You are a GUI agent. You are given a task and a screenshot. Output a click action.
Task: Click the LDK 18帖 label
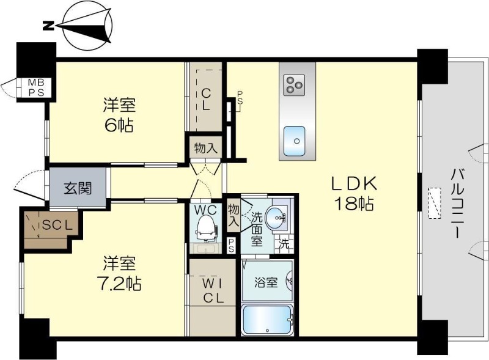click(353, 194)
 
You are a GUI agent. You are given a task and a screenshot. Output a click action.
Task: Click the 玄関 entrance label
click(78, 187)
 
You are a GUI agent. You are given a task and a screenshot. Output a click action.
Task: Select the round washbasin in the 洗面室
click(276, 215)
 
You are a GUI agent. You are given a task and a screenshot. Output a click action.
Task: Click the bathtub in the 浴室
click(267, 319)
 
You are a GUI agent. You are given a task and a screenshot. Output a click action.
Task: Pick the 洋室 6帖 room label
click(119, 115)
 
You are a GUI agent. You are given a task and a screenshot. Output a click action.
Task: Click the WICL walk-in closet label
click(211, 290)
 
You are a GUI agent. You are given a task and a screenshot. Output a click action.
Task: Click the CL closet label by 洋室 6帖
click(206, 98)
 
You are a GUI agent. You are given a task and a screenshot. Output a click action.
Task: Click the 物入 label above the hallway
click(205, 148)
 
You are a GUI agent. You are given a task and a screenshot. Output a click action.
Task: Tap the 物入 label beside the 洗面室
click(233, 215)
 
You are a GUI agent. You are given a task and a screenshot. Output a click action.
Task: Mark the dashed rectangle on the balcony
click(435, 202)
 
